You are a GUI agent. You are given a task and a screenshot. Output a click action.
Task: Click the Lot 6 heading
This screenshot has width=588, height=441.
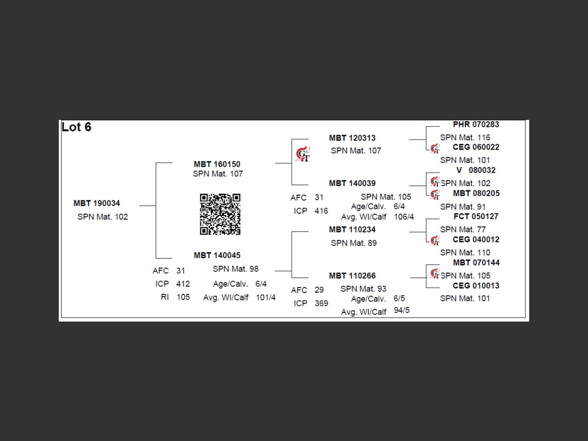click(x=76, y=127)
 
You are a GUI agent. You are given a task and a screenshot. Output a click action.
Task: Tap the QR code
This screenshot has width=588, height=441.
click(x=220, y=214)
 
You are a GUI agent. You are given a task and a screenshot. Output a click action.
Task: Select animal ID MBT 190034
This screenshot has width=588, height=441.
click(x=96, y=203)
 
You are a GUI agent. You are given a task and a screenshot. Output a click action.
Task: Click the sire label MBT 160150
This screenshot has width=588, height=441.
click(x=217, y=164)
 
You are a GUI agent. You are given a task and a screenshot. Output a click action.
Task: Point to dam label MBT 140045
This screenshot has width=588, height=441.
click(x=217, y=255)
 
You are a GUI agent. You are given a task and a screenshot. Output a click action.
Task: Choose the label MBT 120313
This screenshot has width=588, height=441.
click(x=352, y=138)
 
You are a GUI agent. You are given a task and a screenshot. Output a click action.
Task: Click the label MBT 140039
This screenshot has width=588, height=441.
click(x=352, y=183)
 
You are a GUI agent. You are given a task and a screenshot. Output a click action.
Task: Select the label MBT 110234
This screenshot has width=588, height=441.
click(x=352, y=229)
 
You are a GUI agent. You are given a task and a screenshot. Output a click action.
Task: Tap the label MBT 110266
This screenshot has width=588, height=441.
click(x=352, y=276)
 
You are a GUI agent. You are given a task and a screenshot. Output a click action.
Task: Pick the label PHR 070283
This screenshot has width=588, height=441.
click(x=475, y=124)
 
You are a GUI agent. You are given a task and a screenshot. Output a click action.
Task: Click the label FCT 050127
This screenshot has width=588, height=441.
click(x=475, y=216)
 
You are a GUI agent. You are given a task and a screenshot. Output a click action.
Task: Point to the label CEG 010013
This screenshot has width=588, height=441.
click(x=475, y=285)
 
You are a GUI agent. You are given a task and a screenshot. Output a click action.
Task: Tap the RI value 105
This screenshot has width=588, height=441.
click(x=183, y=297)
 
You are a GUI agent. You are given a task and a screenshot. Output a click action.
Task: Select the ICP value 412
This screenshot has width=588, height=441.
click(x=183, y=284)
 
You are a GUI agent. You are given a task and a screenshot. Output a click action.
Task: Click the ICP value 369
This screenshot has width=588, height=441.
click(x=321, y=303)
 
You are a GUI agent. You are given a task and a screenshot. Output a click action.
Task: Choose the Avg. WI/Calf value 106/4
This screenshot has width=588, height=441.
click(x=404, y=217)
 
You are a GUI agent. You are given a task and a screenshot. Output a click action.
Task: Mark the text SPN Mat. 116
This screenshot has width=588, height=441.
click(x=465, y=137)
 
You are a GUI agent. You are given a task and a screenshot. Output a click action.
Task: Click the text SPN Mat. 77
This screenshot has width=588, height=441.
click(x=463, y=229)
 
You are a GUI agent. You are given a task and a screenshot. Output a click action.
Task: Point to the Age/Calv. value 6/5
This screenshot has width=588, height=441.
click(x=399, y=299)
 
